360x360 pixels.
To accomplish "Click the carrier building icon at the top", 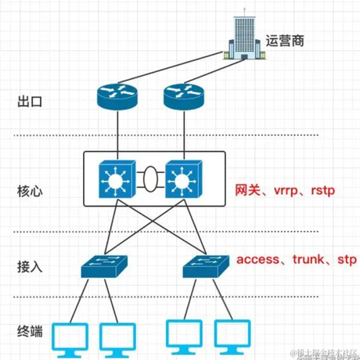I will [x=244, y=37].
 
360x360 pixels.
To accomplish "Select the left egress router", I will [x=117, y=96].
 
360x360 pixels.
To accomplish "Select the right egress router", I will [x=183, y=96].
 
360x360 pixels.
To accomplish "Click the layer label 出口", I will [x=29, y=101].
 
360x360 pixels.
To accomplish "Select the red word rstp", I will [x=322, y=190].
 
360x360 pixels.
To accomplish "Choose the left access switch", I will [x=103, y=268].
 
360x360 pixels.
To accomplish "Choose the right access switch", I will [x=205, y=268].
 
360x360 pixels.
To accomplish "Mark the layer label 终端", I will [x=29, y=331].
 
